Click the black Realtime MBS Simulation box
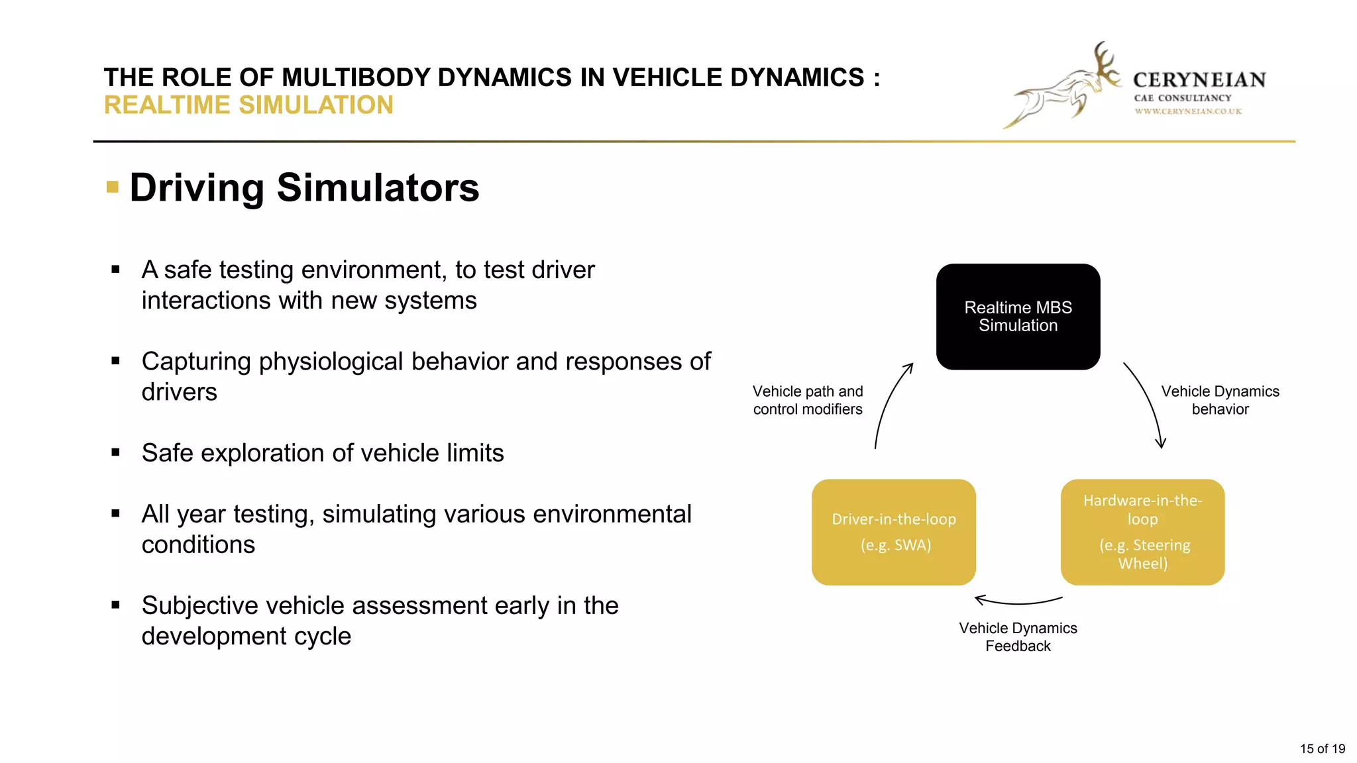[1018, 317]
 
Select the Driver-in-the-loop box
[893, 532]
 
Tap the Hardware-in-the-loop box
[1142, 532]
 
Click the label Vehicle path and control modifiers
[808, 400]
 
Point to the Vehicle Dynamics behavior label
[1220, 400]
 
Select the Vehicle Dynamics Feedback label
[1018, 636]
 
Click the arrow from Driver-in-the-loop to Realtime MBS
[888, 404]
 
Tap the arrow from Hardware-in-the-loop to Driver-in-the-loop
[1018, 602]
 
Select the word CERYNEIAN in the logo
[1199, 80]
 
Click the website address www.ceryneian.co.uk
[1188, 111]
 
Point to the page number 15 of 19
[1322, 748]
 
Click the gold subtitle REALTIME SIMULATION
[248, 105]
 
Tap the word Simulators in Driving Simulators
[378, 187]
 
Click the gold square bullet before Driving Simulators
[113, 187]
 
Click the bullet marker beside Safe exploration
[116, 453]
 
